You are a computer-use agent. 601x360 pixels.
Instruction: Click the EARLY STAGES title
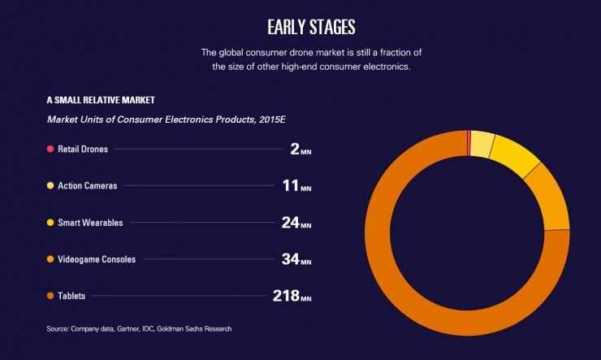pos(311,26)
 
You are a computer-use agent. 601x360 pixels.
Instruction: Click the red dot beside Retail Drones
pos(50,149)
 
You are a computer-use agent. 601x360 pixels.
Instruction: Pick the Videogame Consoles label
pos(97,259)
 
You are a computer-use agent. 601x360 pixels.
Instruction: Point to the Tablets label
pos(71,296)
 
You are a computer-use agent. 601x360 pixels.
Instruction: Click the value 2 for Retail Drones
pos(295,149)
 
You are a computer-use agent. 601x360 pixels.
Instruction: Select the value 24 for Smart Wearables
pos(289,222)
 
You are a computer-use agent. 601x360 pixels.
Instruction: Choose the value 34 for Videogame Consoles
pos(288,259)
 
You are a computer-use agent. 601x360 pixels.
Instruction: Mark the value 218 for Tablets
pos(285,296)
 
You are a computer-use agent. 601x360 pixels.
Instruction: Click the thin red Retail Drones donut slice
pos(469,142)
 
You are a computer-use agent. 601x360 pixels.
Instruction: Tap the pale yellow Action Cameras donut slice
pos(482,144)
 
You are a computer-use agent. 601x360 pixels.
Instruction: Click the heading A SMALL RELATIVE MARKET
pos(101,101)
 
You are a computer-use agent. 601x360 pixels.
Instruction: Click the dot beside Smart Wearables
pos(50,222)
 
